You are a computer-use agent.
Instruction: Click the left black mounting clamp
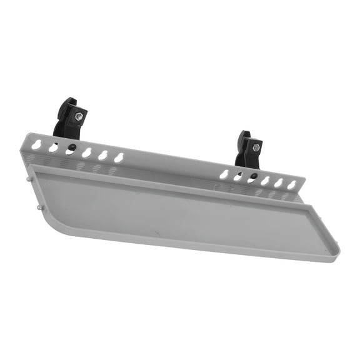[69, 119]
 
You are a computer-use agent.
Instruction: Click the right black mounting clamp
[248, 151]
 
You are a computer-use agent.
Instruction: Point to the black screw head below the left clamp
[73, 147]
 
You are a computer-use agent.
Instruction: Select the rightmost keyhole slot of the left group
[119, 157]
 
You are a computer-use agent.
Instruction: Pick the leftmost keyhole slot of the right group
[224, 173]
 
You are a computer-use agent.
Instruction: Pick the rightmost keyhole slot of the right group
[292, 184]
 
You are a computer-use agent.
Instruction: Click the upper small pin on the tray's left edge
[30, 177]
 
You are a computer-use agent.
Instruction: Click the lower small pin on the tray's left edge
[39, 207]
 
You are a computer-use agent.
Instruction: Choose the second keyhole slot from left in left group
[54, 147]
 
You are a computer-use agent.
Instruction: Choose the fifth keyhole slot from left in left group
[102, 154]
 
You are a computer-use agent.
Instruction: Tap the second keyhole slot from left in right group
[237, 176]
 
